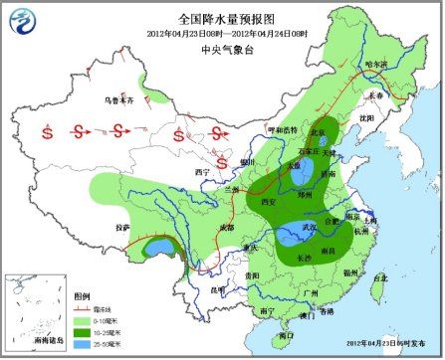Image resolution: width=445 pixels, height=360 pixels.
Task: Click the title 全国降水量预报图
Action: click(223, 18)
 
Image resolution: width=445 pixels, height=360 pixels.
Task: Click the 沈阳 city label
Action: click(366, 116)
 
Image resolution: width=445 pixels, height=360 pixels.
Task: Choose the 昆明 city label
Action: click(212, 289)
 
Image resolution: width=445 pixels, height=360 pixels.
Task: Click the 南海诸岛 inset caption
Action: click(35, 340)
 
